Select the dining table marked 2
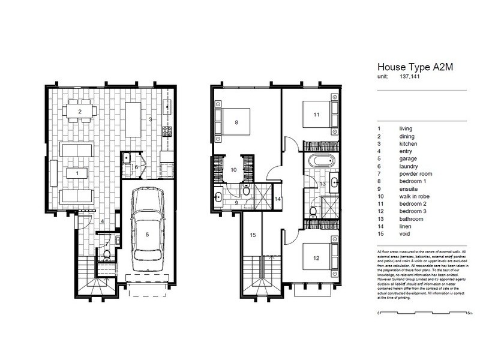coord(80,112)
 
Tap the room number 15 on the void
coord(253,235)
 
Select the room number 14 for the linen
coord(277,199)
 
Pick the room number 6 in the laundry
coord(137,167)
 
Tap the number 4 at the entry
coord(102,222)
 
